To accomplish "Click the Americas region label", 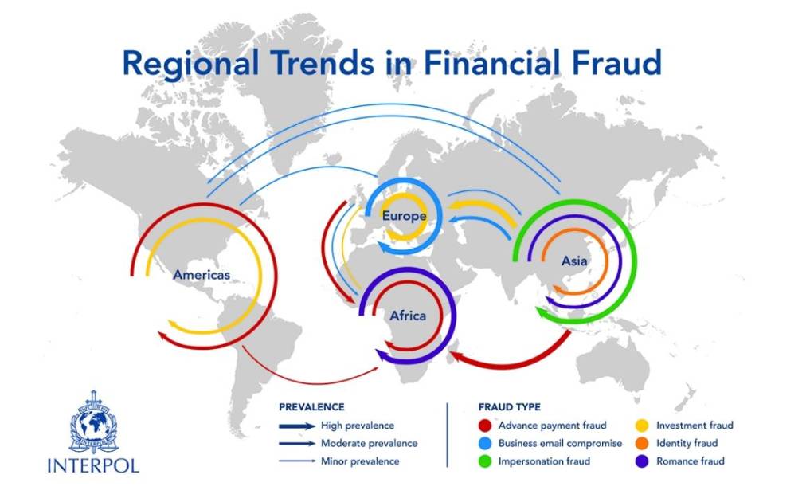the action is (x=202, y=275).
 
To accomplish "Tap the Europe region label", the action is (x=404, y=216).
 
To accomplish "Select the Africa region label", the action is (x=408, y=316).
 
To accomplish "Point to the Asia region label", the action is (x=574, y=261).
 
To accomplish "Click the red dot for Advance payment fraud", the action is (x=484, y=426).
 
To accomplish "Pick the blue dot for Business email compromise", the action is (x=484, y=443).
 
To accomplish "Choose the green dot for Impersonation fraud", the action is (x=484, y=461).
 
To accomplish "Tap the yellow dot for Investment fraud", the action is (x=642, y=426).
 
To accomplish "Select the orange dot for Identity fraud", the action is (x=642, y=443).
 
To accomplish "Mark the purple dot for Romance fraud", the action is (x=642, y=461).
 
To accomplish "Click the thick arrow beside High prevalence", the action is (x=296, y=426).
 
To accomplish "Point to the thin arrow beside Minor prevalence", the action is (x=296, y=461).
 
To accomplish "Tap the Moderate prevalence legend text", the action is (x=369, y=443).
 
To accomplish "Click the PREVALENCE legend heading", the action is (x=311, y=407).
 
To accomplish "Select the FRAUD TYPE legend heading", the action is (x=510, y=407).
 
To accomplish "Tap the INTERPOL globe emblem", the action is (x=93, y=422).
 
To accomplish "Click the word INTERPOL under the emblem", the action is (x=93, y=465).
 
